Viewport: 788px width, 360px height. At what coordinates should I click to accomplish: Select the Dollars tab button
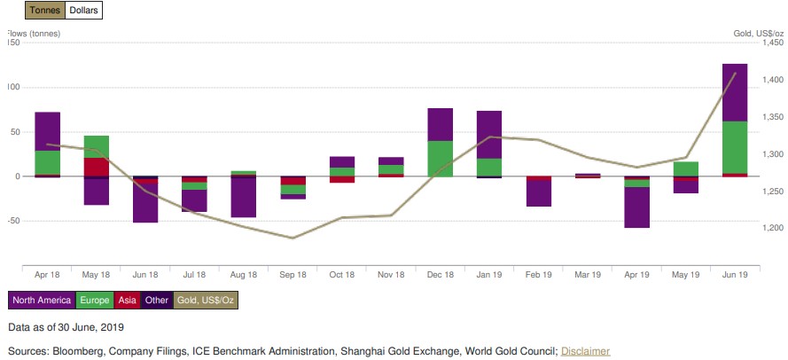click(82, 11)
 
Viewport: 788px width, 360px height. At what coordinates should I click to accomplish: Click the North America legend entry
click(42, 301)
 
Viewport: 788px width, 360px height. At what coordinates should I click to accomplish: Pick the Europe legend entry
click(93, 301)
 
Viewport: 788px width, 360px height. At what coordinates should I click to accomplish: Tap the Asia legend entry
click(126, 301)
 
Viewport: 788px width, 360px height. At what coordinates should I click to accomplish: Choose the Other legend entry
click(157, 301)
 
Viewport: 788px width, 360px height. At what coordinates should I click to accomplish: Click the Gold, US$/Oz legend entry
click(206, 301)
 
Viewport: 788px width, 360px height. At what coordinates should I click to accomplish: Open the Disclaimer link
click(585, 351)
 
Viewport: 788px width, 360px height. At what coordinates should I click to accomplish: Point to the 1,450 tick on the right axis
click(772, 43)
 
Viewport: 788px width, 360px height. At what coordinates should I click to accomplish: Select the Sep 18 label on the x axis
click(293, 276)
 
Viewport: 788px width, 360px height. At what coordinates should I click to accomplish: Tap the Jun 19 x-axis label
click(735, 276)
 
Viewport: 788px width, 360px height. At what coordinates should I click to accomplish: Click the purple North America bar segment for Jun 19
click(735, 92)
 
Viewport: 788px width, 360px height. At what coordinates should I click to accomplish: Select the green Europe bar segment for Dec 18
click(441, 158)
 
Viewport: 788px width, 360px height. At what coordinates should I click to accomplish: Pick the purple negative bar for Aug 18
click(244, 198)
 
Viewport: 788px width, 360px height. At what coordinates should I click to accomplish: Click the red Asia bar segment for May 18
click(97, 167)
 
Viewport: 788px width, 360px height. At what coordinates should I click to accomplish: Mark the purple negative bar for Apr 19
click(636, 207)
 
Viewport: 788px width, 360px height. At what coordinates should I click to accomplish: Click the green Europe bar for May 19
click(685, 168)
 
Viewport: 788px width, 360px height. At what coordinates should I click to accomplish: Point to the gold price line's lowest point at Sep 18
click(293, 238)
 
